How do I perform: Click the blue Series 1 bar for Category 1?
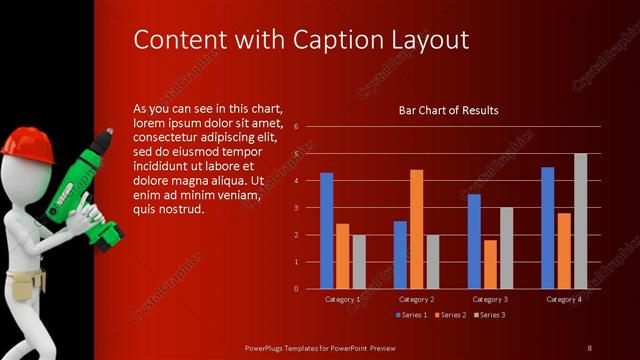(326, 231)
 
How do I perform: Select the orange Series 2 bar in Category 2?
(416, 229)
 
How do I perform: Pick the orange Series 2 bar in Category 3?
(490, 264)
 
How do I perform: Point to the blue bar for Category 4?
(547, 228)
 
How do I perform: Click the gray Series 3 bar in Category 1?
(359, 262)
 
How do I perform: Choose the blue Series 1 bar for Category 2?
(400, 255)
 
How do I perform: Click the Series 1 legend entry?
(411, 315)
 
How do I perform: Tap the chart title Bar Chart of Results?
(448, 110)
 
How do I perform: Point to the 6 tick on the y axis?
(296, 127)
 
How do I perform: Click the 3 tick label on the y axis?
(296, 208)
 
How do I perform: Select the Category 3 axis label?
(490, 299)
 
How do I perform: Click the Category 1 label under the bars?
(343, 299)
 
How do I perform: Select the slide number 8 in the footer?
(589, 347)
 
